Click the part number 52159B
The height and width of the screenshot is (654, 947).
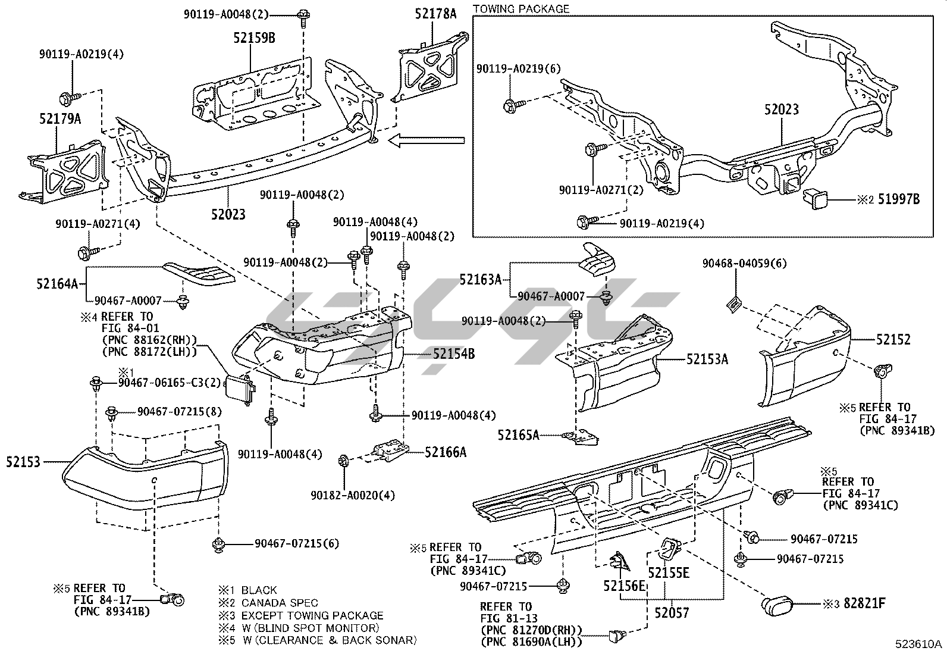(254, 38)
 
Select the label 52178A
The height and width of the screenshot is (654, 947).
(435, 14)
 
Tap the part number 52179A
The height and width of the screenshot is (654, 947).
(60, 118)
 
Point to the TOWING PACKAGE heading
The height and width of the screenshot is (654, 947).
(521, 9)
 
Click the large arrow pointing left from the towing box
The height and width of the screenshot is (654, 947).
(426, 140)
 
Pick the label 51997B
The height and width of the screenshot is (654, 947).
(899, 199)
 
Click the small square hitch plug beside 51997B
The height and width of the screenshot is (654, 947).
(814, 199)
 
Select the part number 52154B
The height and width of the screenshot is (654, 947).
(454, 353)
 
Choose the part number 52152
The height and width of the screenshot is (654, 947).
(893, 339)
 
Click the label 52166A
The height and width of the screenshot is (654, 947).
(445, 452)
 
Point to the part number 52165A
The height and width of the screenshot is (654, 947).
(518, 435)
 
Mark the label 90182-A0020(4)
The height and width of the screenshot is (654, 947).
(353, 495)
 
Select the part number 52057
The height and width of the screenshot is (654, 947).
(672, 612)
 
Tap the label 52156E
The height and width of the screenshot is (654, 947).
(624, 586)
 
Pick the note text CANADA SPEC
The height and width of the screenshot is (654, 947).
(280, 602)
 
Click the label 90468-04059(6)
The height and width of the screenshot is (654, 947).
(745, 264)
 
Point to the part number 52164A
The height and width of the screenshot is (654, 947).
(57, 283)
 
